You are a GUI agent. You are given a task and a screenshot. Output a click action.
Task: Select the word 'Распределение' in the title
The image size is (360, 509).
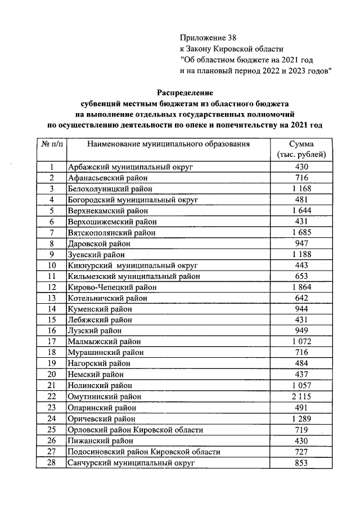tap(185, 92)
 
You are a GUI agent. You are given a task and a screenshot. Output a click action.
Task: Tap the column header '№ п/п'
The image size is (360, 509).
tap(52, 145)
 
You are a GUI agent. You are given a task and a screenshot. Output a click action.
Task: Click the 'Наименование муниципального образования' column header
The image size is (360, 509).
tap(168, 145)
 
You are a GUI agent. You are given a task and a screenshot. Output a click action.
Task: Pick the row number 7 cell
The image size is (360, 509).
tap(52, 232)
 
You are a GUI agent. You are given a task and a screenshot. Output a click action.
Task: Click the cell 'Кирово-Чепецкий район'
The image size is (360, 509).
tap(112, 287)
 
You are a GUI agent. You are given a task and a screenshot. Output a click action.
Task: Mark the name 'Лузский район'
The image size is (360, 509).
tap(94, 330)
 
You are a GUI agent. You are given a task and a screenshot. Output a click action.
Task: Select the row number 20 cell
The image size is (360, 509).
tap(52, 375)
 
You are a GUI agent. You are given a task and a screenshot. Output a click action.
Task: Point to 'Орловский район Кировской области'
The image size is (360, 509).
tap(135, 430)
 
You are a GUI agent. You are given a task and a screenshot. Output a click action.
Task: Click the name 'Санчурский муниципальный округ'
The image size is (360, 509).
tap(130, 462)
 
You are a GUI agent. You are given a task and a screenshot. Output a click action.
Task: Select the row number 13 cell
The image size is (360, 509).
tap(52, 298)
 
